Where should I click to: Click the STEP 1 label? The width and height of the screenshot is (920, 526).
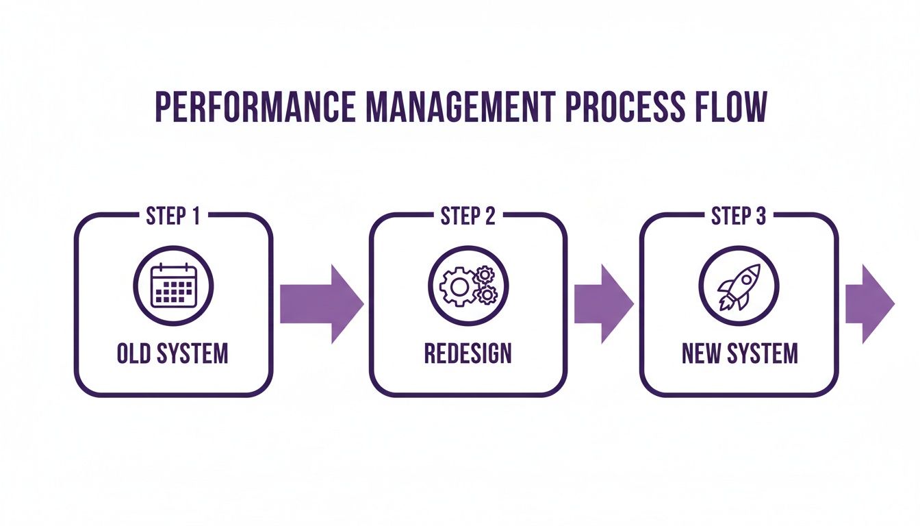[173, 216]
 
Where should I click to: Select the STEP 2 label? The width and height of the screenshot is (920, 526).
[468, 216]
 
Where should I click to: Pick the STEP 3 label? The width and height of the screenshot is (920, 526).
[739, 216]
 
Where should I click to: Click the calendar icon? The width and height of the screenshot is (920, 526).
[173, 286]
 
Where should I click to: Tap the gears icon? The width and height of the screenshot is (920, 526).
[468, 286]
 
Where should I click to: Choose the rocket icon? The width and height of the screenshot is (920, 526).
[739, 286]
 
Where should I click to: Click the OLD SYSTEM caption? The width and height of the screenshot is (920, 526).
[173, 353]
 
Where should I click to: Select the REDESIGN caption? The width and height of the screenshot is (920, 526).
[468, 353]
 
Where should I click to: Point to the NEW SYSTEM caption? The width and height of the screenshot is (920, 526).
[739, 353]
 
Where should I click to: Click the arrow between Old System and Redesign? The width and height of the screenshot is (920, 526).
[321, 303]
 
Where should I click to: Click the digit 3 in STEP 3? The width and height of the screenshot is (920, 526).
[761, 216]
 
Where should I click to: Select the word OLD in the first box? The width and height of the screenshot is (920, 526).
[131, 353]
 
